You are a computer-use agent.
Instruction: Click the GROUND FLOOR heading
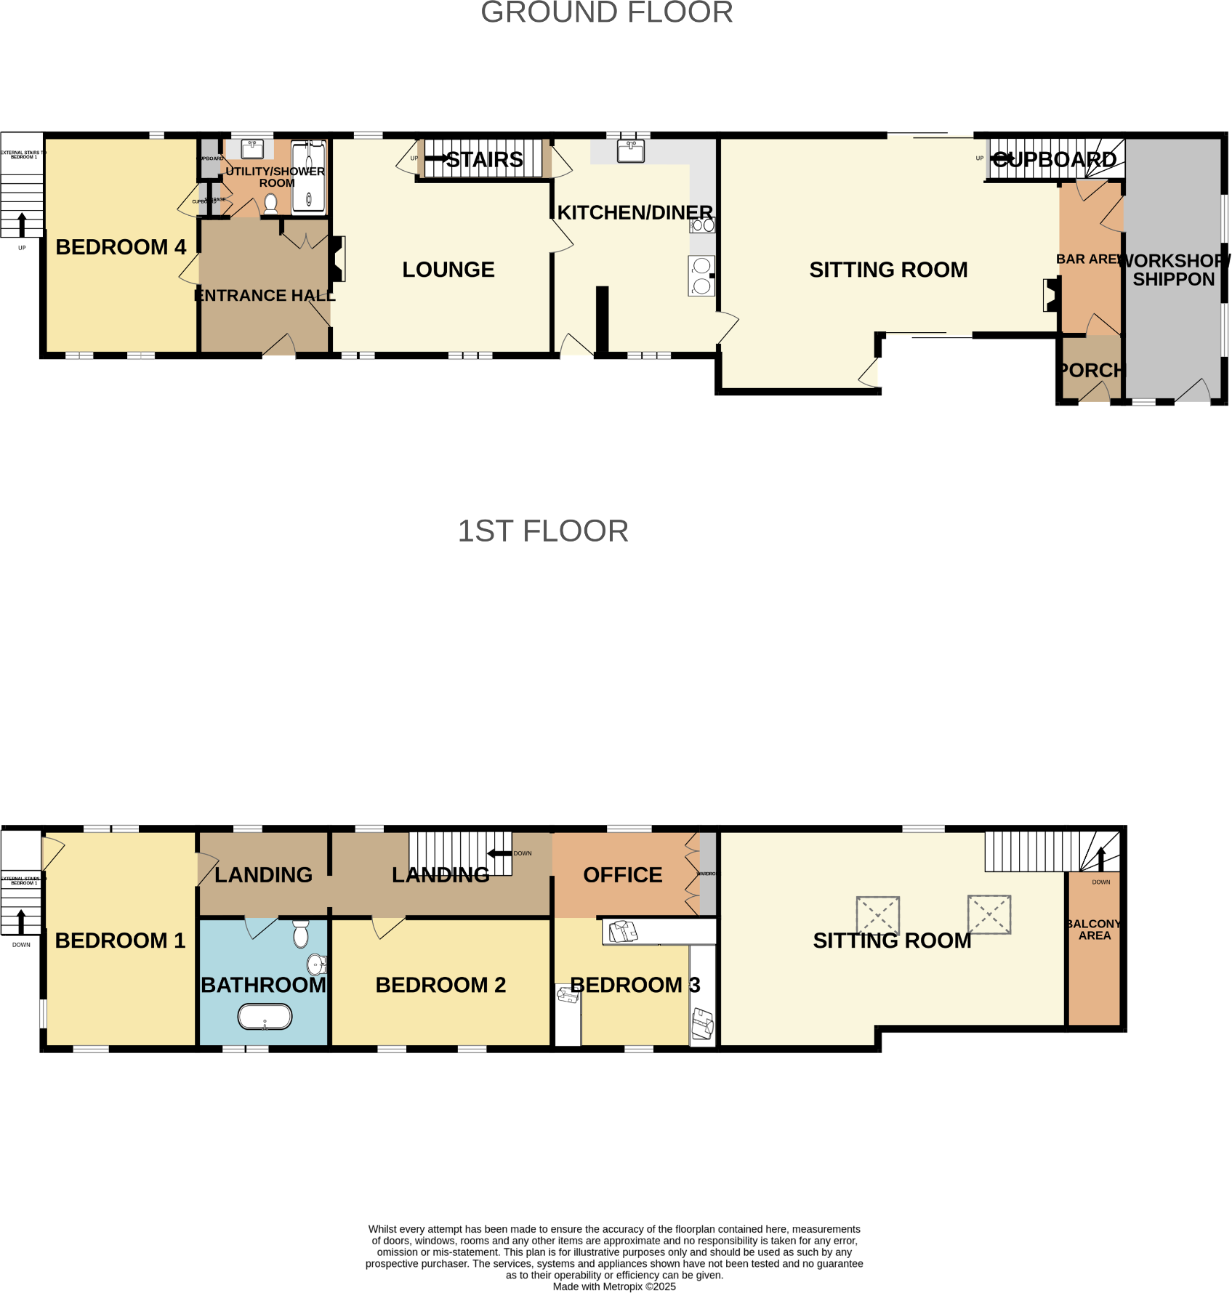[606, 12]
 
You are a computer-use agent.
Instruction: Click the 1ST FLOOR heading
[542, 531]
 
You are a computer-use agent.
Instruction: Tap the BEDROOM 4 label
[121, 247]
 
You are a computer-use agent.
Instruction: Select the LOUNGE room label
[448, 270]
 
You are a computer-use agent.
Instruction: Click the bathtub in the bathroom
[265, 1016]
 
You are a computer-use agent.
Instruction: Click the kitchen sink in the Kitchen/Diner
[630, 150]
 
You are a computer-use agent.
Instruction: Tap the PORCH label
[1090, 371]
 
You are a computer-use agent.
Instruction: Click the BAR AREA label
[1087, 259]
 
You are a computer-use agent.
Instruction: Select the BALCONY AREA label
[1094, 930]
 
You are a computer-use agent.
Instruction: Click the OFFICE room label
[622, 875]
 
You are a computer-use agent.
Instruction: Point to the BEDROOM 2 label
[440, 985]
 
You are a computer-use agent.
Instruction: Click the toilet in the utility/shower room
[270, 203]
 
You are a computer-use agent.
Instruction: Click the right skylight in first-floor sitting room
[989, 914]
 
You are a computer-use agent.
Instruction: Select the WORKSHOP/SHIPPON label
[1173, 270]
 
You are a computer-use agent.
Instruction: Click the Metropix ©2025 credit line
[614, 1286]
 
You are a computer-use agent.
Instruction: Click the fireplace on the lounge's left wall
[337, 259]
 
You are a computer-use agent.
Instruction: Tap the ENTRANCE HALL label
[265, 296]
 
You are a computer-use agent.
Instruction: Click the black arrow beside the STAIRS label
[436, 158]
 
